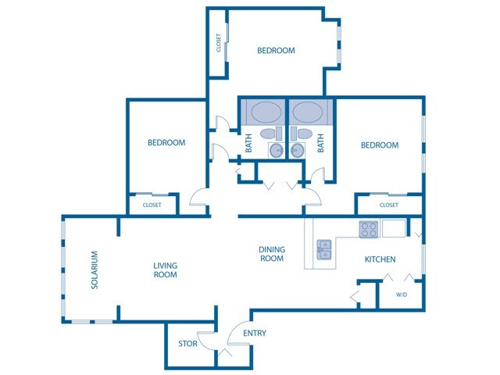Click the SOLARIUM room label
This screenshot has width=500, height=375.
pos(95,270)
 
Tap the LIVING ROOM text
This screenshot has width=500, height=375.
pos(165,270)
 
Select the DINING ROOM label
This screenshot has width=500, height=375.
pos(271,254)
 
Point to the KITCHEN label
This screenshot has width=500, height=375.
pos(380,259)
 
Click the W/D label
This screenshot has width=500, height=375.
pos(402,295)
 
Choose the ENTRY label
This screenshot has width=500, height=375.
pos(255,334)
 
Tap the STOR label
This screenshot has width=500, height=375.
pos(187,343)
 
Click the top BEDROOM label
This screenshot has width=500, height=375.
pos(276,51)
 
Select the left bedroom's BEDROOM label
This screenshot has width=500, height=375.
pos(166,143)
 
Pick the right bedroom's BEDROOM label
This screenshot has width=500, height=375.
pos(379,145)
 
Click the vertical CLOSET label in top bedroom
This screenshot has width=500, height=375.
pos(219,42)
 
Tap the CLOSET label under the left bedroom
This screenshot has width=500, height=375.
pos(152,205)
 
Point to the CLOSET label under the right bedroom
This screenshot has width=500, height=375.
pos(388,205)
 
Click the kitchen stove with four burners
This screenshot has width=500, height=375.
pos(369,229)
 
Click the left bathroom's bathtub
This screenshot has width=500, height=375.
pos(263,111)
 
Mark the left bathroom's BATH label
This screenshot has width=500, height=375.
pos(248,143)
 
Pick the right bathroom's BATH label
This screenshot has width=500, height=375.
pos(320,143)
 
